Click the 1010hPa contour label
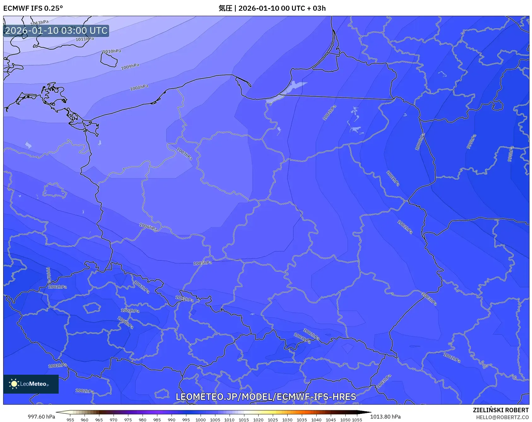click(112, 51)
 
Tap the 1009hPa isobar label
click(130, 67)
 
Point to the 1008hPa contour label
click(139, 87)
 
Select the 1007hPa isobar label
click(184, 154)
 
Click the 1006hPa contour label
click(148, 227)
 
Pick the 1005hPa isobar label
click(202, 263)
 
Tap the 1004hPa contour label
click(330, 113)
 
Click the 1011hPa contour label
click(85, 39)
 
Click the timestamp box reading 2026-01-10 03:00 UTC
click(56, 31)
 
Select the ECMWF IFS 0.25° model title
click(33, 8)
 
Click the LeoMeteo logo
click(31, 384)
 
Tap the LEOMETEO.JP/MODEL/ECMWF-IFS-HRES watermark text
click(266, 397)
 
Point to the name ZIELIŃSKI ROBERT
click(500, 410)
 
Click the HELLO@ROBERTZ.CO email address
click(502, 417)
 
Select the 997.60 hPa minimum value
click(41, 417)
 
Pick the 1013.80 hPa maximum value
click(385, 417)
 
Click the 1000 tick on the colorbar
click(201, 419)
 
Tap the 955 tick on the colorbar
click(70, 419)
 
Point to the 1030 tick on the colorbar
click(287, 419)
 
